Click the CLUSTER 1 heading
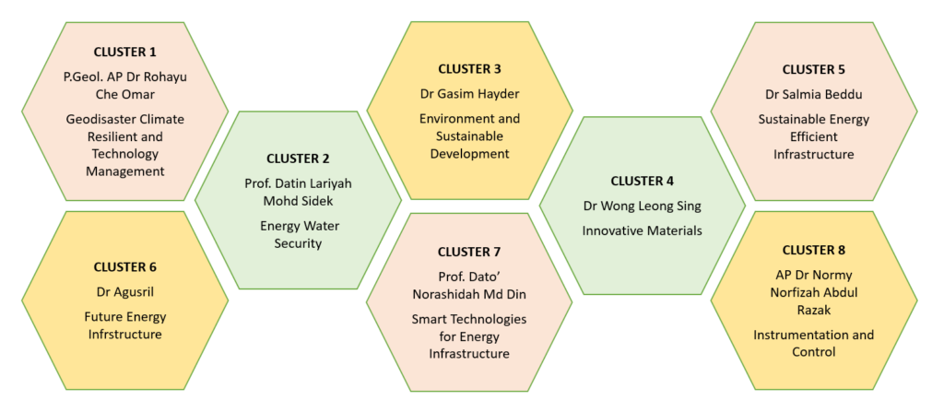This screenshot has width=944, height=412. pyautogui.click(x=124, y=52)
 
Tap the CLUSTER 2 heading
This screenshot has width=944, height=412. pyautogui.click(x=298, y=159)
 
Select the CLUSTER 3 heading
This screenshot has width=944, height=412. pyautogui.click(x=469, y=68)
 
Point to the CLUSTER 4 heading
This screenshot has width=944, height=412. pyautogui.click(x=642, y=181)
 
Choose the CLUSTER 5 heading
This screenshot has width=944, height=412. pyautogui.click(x=813, y=69)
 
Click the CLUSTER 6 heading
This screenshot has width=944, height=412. pyautogui.click(x=124, y=266)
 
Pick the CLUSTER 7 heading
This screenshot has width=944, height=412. pyautogui.click(x=469, y=252)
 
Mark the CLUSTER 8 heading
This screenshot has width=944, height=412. pyautogui.click(x=813, y=250)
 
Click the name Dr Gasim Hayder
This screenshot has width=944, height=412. pyautogui.click(x=469, y=94)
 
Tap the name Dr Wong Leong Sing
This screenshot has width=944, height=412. pyautogui.click(x=642, y=206)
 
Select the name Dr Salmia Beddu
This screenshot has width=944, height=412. pyautogui.click(x=813, y=95)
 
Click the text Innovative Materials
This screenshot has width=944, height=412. pyautogui.click(x=642, y=230)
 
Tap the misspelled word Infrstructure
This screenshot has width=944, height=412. pyautogui.click(x=124, y=335)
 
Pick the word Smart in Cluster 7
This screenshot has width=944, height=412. pyautogui.click(x=428, y=318)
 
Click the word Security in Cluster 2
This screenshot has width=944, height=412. pyautogui.click(x=298, y=244)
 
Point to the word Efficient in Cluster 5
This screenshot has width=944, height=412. pyautogui.click(x=813, y=136)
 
